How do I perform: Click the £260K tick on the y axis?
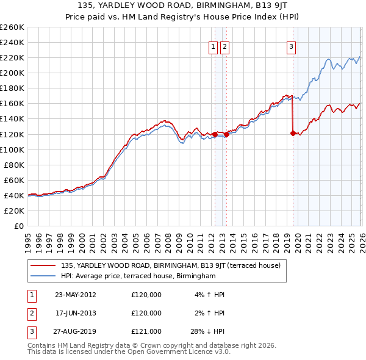point(12,27)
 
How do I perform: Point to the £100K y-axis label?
point(12,149)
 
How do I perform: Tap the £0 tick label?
point(18,226)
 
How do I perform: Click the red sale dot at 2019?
point(293,133)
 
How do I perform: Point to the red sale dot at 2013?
point(226,134)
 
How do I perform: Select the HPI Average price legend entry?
point(138,276)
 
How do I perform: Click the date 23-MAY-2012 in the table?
point(75,295)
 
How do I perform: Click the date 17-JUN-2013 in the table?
point(75,313)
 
